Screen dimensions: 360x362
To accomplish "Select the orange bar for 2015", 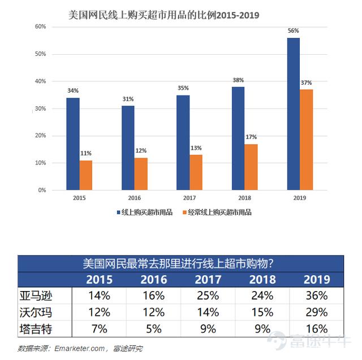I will (86, 175).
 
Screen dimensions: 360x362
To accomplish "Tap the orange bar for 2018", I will (251, 167).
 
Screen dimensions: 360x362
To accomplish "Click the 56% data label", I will (293, 31).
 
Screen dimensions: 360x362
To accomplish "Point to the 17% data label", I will (251, 137).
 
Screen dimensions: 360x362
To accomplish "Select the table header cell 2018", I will (262, 280).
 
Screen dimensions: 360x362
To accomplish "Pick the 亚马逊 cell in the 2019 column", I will (316, 295).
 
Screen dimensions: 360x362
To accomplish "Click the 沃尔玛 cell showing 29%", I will (316, 312).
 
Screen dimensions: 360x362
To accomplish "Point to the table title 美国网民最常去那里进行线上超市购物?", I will (179, 263).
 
